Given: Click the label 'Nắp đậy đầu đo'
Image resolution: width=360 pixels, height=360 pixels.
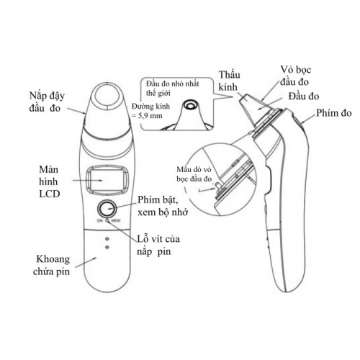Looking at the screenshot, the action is pyautogui.click(x=47, y=102).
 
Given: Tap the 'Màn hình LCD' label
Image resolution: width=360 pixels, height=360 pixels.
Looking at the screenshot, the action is pyautogui.click(x=49, y=181).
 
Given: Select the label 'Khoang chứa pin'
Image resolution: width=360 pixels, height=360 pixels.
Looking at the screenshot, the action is pyautogui.click(x=52, y=266).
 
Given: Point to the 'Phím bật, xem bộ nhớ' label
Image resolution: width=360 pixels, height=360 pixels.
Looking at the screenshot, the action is pyautogui.click(x=163, y=206).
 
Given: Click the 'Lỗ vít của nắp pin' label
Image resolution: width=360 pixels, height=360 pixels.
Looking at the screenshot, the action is pyautogui.click(x=158, y=245).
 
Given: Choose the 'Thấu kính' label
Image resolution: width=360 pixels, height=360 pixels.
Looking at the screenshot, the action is pyautogui.click(x=229, y=81).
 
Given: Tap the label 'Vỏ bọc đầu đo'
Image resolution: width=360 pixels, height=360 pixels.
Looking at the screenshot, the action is pyautogui.click(x=295, y=76).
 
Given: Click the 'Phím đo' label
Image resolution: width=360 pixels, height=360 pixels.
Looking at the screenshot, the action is pyautogui.click(x=334, y=113).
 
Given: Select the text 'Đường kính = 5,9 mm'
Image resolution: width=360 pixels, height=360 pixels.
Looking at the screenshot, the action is pyautogui.click(x=151, y=111).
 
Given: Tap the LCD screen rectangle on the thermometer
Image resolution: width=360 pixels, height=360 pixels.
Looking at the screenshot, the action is pyautogui.click(x=107, y=180).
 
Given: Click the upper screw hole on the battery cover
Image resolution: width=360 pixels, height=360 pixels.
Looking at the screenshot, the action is pyautogui.click(x=107, y=239).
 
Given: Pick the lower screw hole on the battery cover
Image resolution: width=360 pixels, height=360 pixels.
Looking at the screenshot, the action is pyautogui.click(x=107, y=247).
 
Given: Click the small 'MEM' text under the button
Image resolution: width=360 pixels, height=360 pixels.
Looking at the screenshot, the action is pyautogui.click(x=116, y=220).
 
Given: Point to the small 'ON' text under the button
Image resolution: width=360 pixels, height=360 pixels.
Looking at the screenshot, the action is pyautogui.click(x=100, y=220).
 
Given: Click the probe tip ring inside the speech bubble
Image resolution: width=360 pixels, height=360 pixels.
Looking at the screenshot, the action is pyautogui.click(x=191, y=105).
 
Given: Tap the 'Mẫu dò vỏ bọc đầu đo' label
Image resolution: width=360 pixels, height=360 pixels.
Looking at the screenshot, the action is pyautogui.click(x=194, y=174).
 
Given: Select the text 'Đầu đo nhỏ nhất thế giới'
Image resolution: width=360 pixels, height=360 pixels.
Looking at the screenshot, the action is pyautogui.click(x=172, y=89).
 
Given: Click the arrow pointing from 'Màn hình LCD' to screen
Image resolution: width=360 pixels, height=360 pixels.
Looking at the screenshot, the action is pyautogui.click(x=88, y=180).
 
